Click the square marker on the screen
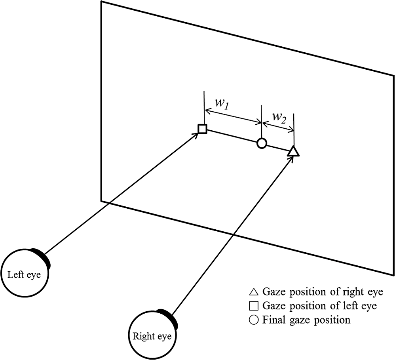pos(202,129)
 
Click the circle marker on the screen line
pos(261,143)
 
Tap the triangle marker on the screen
pos(293,151)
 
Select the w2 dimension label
pos(279,117)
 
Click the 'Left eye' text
pos(24,274)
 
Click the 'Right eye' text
pos(152,336)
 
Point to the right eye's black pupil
pos(169,317)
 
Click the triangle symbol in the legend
pos(254,293)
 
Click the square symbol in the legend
pos(254,306)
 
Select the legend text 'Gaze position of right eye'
pos(323,292)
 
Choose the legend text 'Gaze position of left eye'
pos(319,306)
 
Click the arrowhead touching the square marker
pos(196,135)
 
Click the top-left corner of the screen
pos(101,2)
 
